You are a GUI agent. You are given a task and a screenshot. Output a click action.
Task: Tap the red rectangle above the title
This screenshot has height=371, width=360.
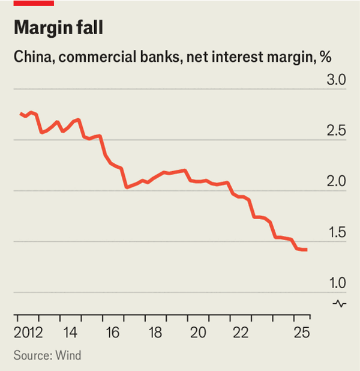point(34,3)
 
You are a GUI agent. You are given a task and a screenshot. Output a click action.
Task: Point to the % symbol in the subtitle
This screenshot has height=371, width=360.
point(326,58)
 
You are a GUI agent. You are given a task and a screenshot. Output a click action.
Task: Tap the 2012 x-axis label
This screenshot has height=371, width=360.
point(29,333)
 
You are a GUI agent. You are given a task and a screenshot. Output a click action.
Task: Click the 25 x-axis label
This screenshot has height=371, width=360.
point(302,333)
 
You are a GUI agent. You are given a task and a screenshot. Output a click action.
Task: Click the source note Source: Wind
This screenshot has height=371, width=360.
point(47,355)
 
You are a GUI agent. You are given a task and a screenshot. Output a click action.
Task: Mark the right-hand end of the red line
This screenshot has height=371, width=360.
point(307,250)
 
